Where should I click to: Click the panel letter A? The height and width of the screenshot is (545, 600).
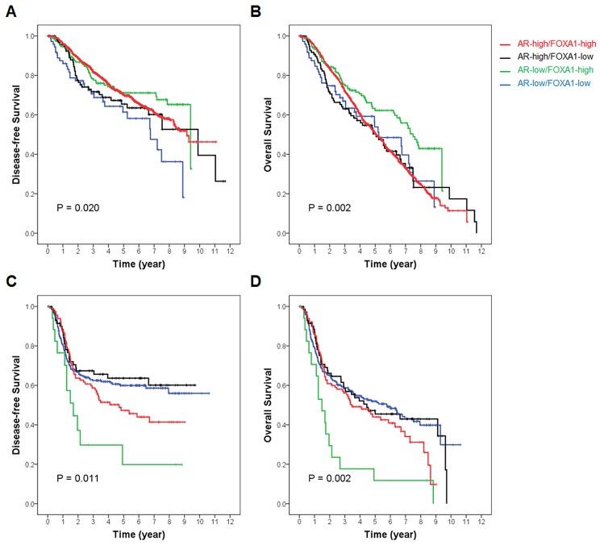10,13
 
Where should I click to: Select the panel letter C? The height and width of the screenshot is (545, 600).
10,283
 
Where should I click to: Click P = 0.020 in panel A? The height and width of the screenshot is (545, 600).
79,208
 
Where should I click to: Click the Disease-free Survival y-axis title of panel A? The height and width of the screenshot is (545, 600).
15,135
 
